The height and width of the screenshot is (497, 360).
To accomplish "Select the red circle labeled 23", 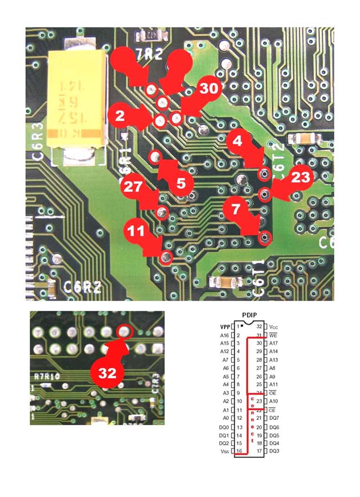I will click(x=299, y=178).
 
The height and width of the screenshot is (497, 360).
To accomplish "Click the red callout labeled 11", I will click(x=135, y=231).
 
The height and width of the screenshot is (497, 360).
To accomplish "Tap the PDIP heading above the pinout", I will click(x=250, y=315).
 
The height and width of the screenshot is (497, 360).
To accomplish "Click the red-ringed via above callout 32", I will click(x=124, y=331).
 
